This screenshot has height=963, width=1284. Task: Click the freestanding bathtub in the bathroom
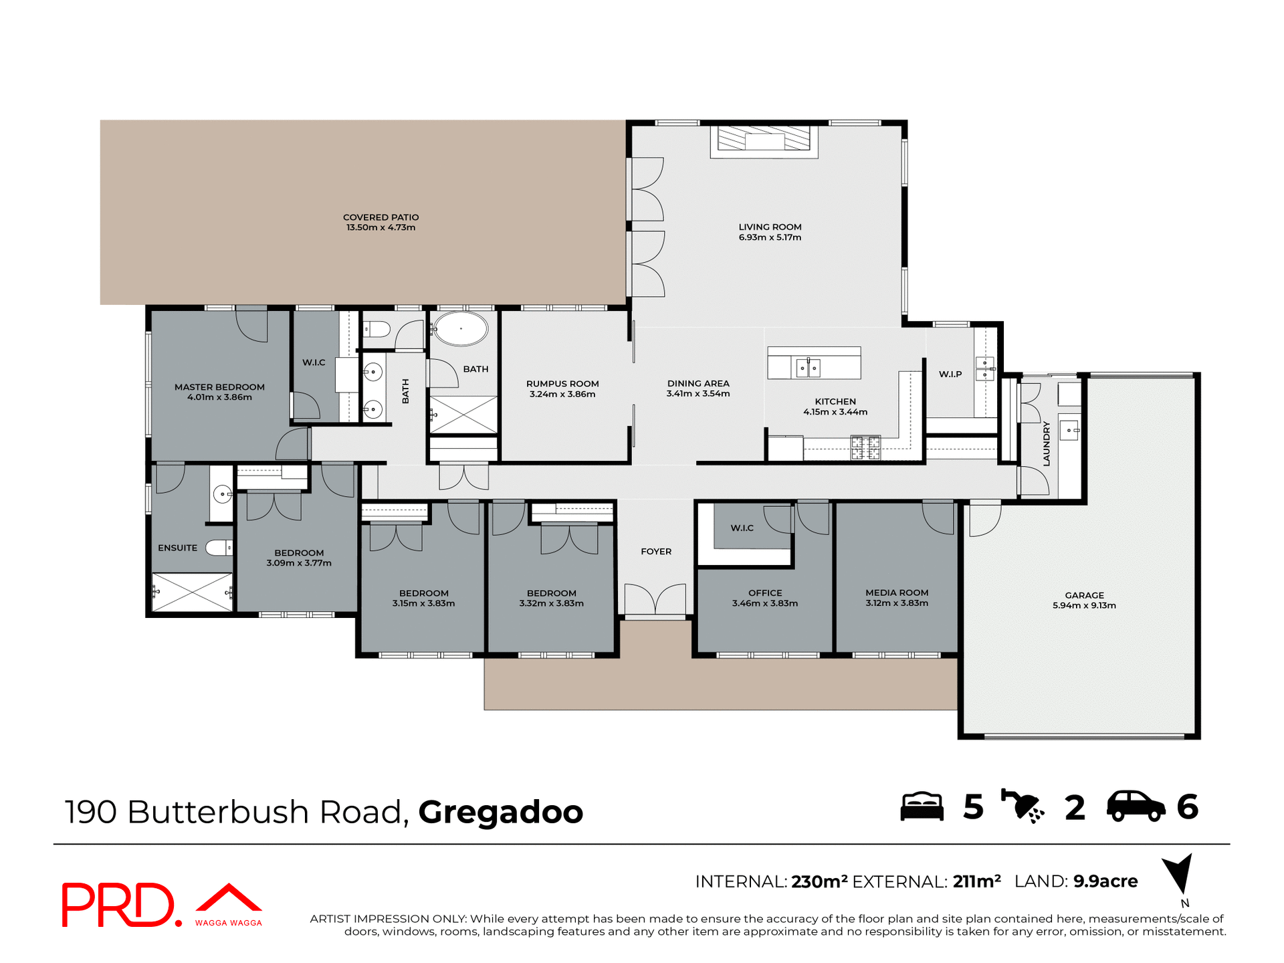coord(461,329)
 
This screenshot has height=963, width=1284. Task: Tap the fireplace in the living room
coord(764,141)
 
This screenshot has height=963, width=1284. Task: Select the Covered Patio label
coord(381,217)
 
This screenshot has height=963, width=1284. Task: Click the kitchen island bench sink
coord(808,367)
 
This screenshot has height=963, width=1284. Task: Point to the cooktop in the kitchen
coord(865,447)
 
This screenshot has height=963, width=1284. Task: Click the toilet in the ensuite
coord(218,548)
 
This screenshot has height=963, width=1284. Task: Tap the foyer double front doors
coord(655,599)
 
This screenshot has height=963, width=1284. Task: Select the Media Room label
coord(897,593)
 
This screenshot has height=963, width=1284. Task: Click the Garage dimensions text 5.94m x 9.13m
coord(1084,606)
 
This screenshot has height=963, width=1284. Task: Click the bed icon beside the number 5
coord(922,807)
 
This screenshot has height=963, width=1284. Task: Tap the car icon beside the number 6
coord(1136,807)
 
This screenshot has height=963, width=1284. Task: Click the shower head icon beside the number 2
coord(1022,807)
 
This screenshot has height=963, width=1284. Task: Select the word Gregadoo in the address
coord(500,812)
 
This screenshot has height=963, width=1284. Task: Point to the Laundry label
coord(1047,443)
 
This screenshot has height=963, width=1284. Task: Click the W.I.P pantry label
coord(950,374)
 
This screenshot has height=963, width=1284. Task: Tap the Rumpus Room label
coord(562,384)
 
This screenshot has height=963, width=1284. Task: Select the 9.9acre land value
coord(1105,881)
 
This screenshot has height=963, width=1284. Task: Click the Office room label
coord(765,593)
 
